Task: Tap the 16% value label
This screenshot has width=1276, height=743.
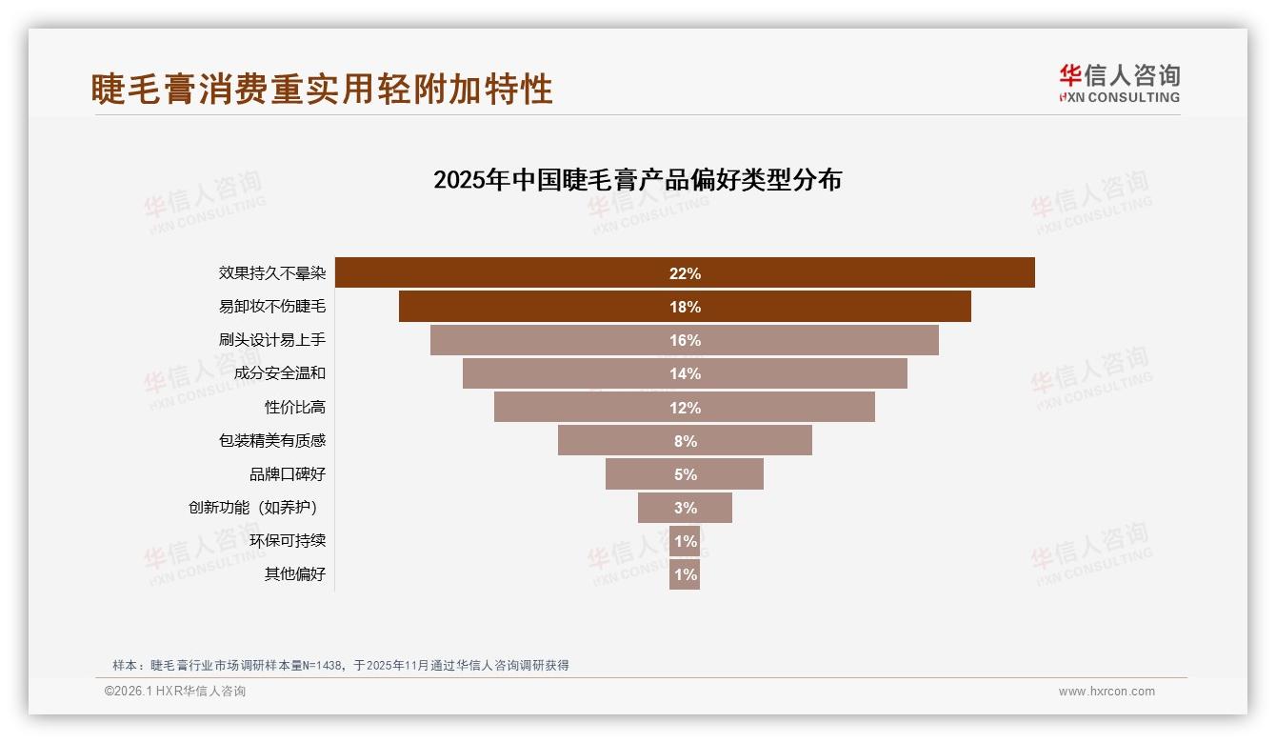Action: (x=685, y=340)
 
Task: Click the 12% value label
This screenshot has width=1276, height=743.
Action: (x=685, y=408)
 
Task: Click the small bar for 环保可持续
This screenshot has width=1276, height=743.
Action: (x=685, y=541)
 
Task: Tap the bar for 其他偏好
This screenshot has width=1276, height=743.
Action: (x=685, y=574)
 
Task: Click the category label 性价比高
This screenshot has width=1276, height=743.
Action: (x=295, y=407)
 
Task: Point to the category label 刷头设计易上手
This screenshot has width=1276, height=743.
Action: (x=272, y=339)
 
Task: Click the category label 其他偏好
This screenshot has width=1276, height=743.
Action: (x=295, y=573)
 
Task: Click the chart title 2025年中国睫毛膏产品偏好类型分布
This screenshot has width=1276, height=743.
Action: (x=637, y=180)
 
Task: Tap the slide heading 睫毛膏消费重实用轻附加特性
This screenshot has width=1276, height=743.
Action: (x=322, y=90)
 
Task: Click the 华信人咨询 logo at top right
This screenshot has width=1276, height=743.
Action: (x=1119, y=83)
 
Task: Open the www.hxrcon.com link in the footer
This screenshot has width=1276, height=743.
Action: (x=1107, y=692)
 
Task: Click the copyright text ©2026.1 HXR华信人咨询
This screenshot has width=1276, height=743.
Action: (x=175, y=692)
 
